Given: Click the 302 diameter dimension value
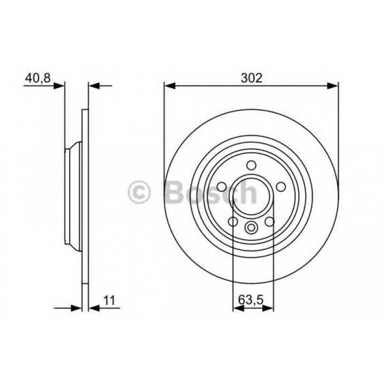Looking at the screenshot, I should point(251,78).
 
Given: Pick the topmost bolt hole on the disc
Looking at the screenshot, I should point(251,166).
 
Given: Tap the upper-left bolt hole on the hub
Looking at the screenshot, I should point(221,187).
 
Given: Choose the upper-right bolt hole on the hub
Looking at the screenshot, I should point(280,187).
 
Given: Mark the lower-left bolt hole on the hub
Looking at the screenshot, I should point(233,222).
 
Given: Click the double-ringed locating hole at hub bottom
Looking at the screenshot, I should point(251,228).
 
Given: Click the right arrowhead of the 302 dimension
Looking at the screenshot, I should point(334,86).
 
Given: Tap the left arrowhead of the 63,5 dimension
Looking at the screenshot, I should point(237,309).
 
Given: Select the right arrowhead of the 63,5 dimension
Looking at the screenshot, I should point(270,309).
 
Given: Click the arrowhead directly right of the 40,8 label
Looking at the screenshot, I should point(60,86).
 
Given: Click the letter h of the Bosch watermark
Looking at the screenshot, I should point(248,193).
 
